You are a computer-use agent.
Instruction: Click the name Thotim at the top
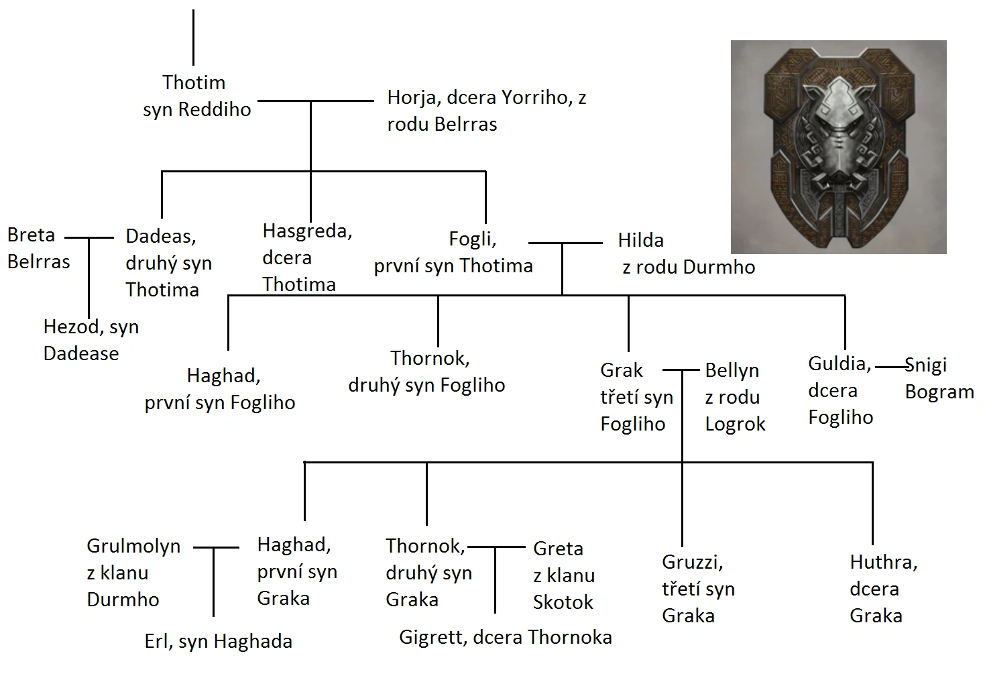193,82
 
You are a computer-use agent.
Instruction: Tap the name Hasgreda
306,231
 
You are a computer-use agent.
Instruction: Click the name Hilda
640,240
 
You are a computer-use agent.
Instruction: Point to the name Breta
31,235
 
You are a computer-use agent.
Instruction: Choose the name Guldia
838,364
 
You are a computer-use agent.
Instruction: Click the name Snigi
926,365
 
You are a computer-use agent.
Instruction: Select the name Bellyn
732,371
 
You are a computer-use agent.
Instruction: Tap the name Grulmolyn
133,547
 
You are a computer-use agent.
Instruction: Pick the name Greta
558,549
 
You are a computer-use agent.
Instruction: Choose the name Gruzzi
692,562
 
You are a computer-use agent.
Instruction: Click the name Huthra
882,562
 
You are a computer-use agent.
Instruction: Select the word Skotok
563,603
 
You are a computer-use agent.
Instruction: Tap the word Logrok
735,424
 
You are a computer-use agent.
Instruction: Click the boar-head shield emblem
838,147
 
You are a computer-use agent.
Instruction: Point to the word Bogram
939,392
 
